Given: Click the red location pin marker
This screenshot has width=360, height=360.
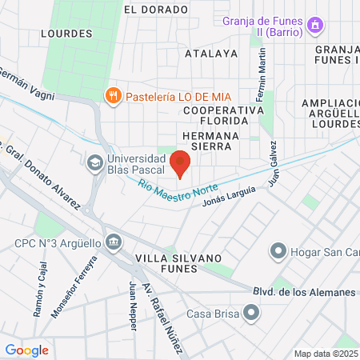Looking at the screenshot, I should (x=180, y=162).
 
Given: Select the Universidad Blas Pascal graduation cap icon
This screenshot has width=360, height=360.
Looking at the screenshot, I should (x=95, y=162).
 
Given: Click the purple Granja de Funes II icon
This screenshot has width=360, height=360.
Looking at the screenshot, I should (x=316, y=26).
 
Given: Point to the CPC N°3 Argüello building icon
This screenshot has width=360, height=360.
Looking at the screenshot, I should (x=114, y=242).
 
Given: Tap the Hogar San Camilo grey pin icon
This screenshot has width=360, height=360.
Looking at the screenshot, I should (x=278, y=252).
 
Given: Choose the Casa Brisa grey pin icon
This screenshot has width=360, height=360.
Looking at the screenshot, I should (x=252, y=314).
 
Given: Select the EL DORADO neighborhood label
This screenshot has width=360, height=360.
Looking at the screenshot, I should (x=156, y=9).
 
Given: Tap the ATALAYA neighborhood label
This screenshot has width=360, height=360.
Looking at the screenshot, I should (x=211, y=54).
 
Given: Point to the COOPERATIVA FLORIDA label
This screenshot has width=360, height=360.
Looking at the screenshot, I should (x=223, y=116).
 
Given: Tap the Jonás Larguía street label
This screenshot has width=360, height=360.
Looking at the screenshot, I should (x=230, y=197).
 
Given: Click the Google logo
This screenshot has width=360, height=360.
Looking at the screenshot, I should (x=26, y=350).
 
